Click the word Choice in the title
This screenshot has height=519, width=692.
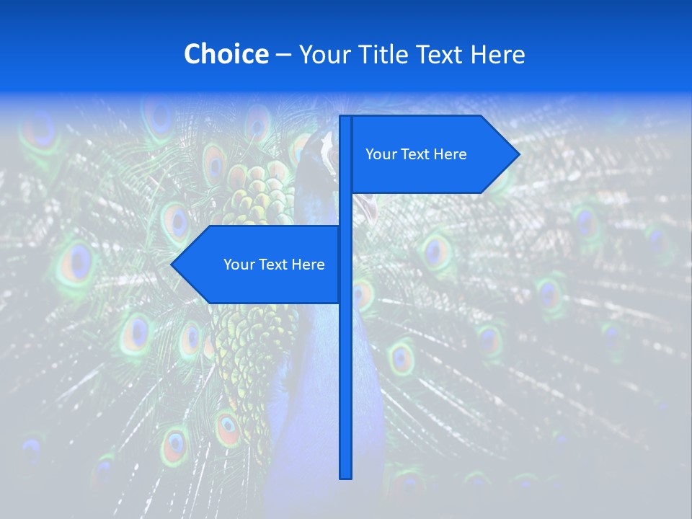tap(226, 54)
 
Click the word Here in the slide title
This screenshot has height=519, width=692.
tap(498, 54)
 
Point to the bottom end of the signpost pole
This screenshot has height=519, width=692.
tap(345, 476)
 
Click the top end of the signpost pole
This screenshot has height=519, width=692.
tap(345, 118)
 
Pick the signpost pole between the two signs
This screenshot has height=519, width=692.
tap(345, 209)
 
